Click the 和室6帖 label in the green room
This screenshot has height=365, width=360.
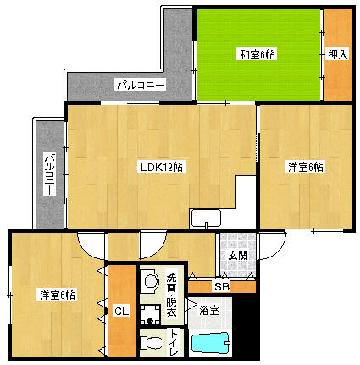click(258, 54)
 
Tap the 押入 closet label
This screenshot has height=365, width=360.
click(338, 54)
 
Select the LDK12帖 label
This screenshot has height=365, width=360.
click(162, 167)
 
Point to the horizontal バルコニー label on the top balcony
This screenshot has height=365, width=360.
click(141, 85)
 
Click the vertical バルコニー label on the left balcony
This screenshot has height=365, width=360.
click(50, 174)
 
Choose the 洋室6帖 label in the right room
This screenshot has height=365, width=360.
click(306, 167)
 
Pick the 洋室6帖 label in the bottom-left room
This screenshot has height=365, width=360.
click(58, 295)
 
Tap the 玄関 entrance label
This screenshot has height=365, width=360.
click(238, 256)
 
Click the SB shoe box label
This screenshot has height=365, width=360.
click(222, 287)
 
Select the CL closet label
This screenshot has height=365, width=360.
click(122, 312)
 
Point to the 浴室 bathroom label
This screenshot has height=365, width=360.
click(209, 311)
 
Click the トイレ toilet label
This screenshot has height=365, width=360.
click(174, 342)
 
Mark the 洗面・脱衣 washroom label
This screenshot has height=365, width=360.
click(171, 295)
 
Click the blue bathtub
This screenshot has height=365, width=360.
click(210, 342)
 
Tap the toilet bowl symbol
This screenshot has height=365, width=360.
click(152, 343)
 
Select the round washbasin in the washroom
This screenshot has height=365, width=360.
click(151, 281)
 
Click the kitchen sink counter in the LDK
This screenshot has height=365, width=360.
click(206, 218)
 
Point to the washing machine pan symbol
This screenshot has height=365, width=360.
click(151, 314)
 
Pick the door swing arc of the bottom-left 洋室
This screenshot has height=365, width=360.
click(91, 246)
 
